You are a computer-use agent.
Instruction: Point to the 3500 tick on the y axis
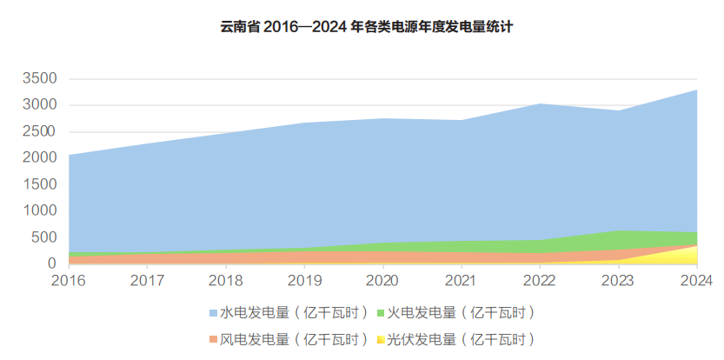pos(39,79)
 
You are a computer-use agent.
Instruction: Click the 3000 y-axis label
pos(39,105)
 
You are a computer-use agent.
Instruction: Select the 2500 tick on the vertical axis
pos(39,131)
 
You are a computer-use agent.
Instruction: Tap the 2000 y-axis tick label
pos(39,158)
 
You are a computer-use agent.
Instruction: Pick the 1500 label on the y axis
pos(39,184)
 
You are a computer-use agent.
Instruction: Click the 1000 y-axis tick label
pos(39,210)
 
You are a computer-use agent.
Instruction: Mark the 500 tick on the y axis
pos(44,237)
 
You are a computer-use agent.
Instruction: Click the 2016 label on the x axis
pos(69,280)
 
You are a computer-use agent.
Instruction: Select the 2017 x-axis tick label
pos(148,280)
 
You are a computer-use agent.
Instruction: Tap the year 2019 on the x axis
pos(304,280)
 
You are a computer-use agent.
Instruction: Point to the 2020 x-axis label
pos(382,280)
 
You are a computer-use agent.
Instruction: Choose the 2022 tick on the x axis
pos(540,280)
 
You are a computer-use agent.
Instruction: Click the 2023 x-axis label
pos(618,280)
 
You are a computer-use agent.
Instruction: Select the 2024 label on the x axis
pos(695,280)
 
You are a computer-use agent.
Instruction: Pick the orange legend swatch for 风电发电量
pos(213,339)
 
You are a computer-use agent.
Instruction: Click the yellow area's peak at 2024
pos(695,247)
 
